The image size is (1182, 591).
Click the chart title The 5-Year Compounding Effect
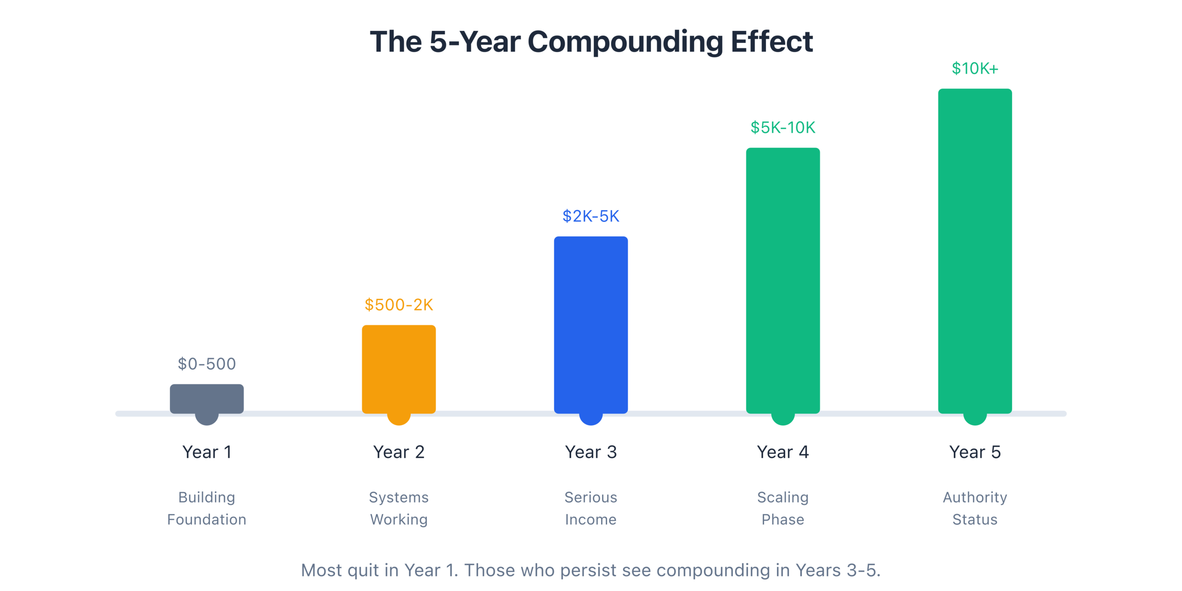pos(591,42)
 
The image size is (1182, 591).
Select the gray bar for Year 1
pos(206,398)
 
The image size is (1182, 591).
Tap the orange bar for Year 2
pos(398,368)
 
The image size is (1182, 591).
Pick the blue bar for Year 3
pos(591,324)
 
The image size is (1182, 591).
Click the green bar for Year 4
pos(783,280)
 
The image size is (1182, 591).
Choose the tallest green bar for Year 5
pos(975,250)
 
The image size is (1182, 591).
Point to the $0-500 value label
pos(206,364)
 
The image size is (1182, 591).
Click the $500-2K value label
pos(398,305)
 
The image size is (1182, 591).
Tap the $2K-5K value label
pos(591,216)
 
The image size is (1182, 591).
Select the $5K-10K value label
pos(783,127)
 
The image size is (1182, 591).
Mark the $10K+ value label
pos(975,68)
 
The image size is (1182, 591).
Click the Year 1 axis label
pos(206,452)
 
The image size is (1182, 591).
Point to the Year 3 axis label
pos(591,452)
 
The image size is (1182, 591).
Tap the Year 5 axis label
pos(975,452)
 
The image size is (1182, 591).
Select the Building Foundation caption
pos(206,508)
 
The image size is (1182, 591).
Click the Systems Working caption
pos(398,508)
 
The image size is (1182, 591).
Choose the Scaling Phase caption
pos(783,508)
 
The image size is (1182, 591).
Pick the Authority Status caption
pos(975,508)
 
